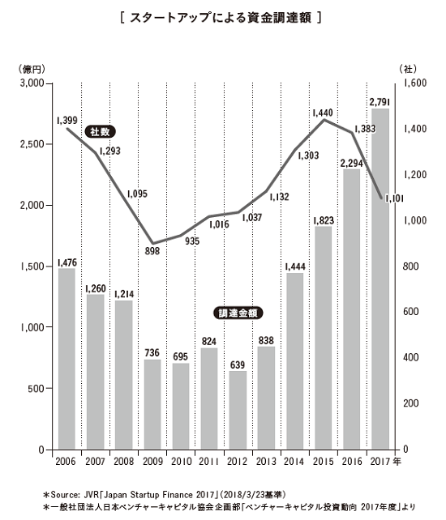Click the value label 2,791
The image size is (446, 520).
pyautogui.click(x=379, y=101)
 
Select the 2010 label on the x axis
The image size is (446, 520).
pyautogui.click(x=180, y=461)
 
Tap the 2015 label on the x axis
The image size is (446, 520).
pyautogui.click(x=322, y=461)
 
